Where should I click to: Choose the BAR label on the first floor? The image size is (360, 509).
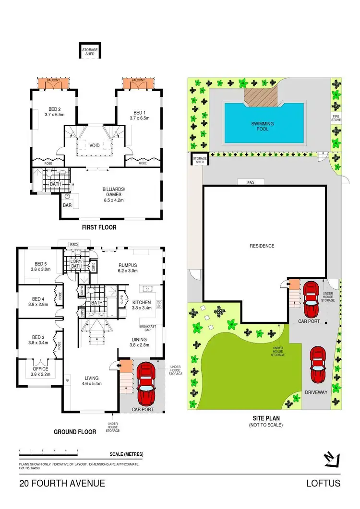(x=67, y=205)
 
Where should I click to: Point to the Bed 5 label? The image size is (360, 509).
(x=41, y=266)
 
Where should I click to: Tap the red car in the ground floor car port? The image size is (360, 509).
(x=146, y=383)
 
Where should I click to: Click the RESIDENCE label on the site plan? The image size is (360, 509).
(x=262, y=246)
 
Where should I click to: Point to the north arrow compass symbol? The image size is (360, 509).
(x=331, y=459)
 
